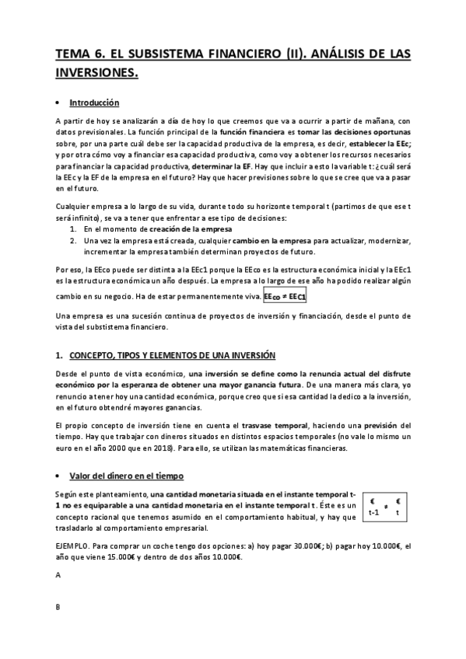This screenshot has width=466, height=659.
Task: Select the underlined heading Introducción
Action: (94, 103)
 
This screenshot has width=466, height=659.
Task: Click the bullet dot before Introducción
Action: (59, 103)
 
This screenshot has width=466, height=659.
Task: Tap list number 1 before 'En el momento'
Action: (73, 229)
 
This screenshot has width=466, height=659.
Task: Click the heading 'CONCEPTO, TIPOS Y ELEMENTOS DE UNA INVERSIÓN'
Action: (173, 355)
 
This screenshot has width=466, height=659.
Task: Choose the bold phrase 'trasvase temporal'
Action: (276, 426)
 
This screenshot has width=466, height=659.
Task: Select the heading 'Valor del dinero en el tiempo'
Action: (125, 476)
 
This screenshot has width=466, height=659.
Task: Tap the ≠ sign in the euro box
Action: (385, 507)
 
